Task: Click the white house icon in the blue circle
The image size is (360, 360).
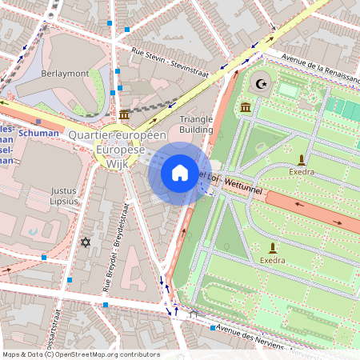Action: click(180, 173)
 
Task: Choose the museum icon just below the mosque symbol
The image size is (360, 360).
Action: click(245, 107)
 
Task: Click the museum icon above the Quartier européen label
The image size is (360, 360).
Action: click(124, 117)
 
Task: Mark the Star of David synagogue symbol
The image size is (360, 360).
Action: click(86, 242)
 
